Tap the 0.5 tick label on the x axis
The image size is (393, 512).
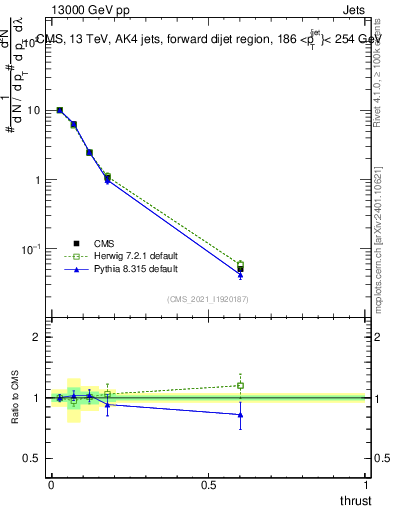[x=208, y=485]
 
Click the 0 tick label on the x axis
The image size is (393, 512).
[x=51, y=485]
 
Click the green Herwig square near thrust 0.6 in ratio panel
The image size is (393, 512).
[x=240, y=385]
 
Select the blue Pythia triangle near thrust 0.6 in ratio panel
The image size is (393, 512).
[x=240, y=414]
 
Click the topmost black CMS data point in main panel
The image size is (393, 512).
[x=60, y=110]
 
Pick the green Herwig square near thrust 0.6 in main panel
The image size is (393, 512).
[x=240, y=264]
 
